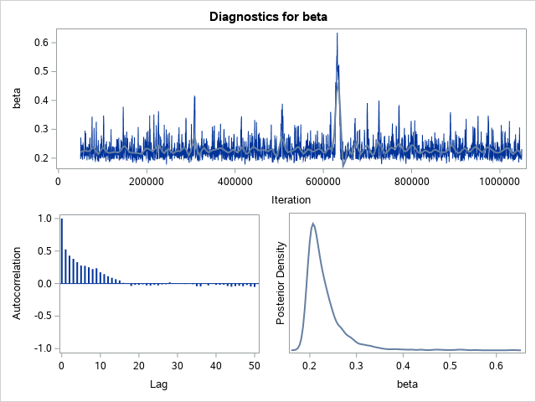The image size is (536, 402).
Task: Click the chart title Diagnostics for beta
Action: click(268, 14)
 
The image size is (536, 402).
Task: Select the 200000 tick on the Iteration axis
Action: click(147, 181)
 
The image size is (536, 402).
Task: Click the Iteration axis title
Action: click(291, 199)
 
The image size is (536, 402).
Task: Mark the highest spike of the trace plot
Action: click(337, 33)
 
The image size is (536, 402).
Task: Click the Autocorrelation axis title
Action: click(16, 284)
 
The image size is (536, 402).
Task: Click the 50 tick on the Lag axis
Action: click(255, 365)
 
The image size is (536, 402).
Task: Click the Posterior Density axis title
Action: click(282, 284)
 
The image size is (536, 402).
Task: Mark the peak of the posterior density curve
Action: click(312, 223)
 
